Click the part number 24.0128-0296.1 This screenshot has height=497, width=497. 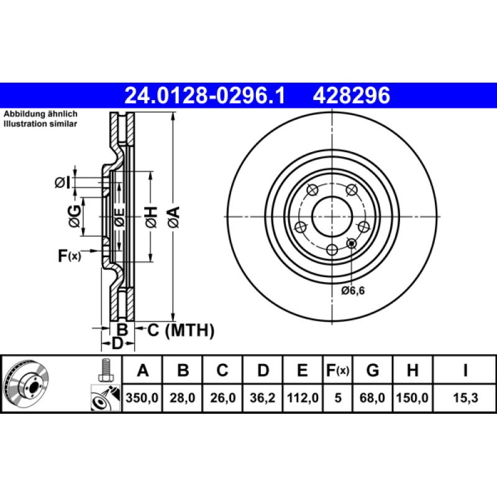click(204, 96)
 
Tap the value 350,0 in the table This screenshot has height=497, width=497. click(143, 398)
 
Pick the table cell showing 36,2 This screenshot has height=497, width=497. click(263, 398)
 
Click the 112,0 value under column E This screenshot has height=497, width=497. click(302, 398)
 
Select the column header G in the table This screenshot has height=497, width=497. click(372, 371)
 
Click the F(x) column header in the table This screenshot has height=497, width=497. click(338, 371)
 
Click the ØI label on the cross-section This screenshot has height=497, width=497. click(62, 182)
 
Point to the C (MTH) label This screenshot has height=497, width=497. click(180, 330)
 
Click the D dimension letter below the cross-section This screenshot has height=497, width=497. click(116, 344)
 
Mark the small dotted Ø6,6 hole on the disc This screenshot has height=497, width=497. click(352, 243)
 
